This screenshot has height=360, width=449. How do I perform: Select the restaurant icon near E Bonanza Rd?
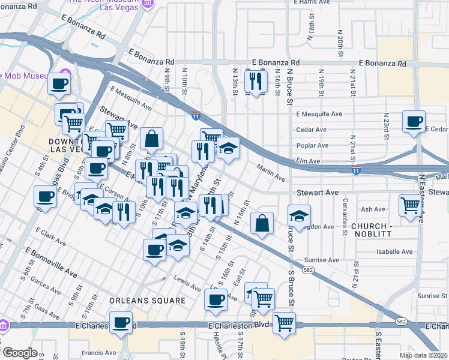pyautogui.click(x=256, y=81)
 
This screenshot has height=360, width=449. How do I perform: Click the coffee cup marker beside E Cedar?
pyautogui.click(x=414, y=122)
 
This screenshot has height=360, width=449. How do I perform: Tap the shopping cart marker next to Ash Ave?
pyautogui.click(x=411, y=206)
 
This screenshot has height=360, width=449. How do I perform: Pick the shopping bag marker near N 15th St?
pyautogui.click(x=262, y=224)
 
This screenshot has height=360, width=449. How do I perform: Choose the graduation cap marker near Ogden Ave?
pyautogui.click(x=299, y=215)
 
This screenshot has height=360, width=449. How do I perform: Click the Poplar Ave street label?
pyautogui.click(x=312, y=145)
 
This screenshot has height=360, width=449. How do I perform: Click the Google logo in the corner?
pyautogui.click(x=19, y=353)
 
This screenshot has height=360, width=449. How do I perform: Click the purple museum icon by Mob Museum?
pyautogui.click(x=65, y=75)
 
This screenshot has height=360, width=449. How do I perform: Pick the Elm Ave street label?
pyautogui.click(x=309, y=161)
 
